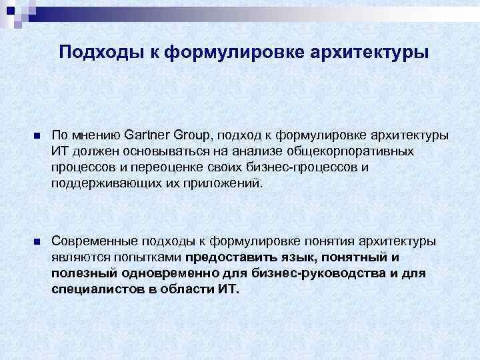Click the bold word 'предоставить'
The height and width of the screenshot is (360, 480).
[226, 257]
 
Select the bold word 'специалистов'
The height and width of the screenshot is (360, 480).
[94, 289]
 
